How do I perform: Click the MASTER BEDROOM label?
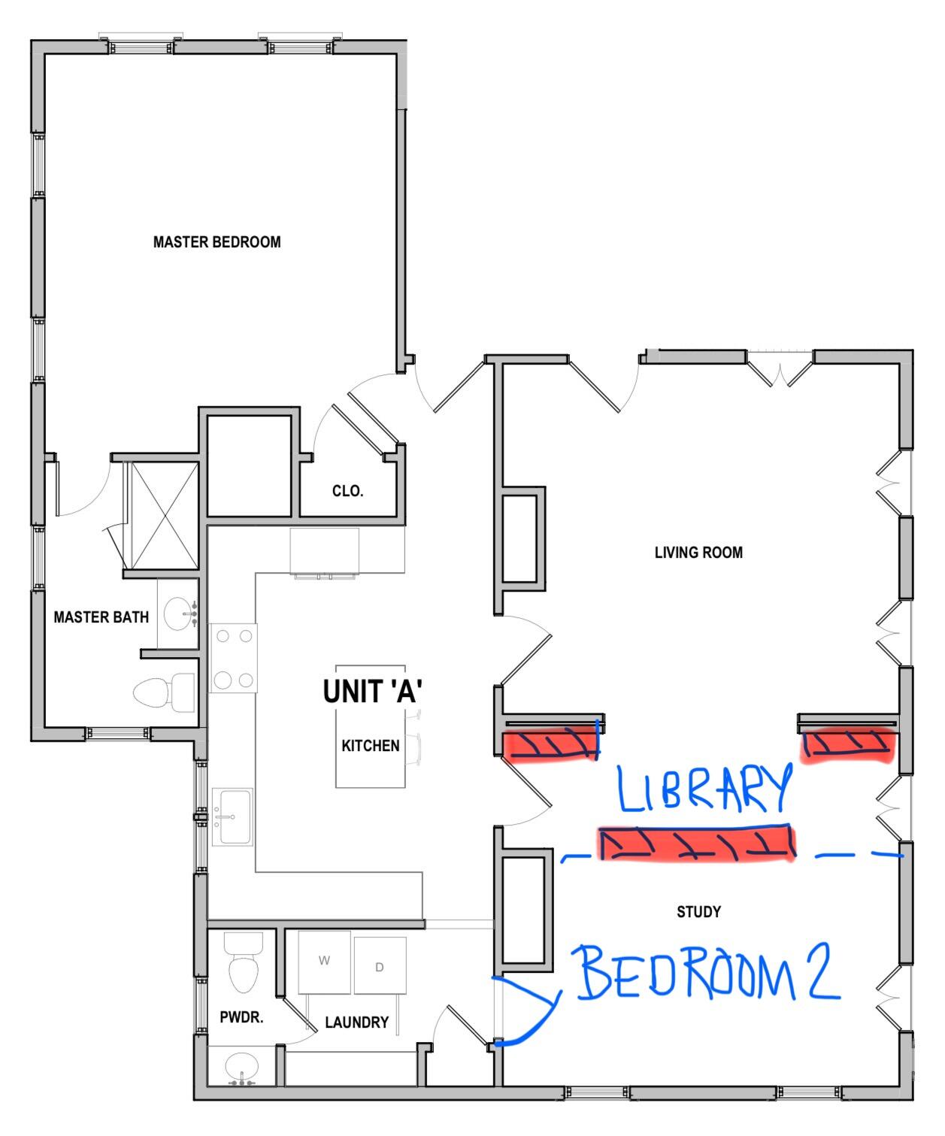pyautogui.click(x=217, y=242)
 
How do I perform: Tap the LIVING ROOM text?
pyautogui.click(x=698, y=553)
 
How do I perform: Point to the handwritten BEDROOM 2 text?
pyautogui.click(x=707, y=975)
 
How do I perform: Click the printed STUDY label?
pyautogui.click(x=698, y=912)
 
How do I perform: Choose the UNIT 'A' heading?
pyautogui.click(x=371, y=692)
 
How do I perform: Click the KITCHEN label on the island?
pyautogui.click(x=371, y=746)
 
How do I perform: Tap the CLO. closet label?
pyautogui.click(x=347, y=492)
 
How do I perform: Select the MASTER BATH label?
pyautogui.click(x=101, y=617)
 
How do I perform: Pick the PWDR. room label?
pyautogui.click(x=241, y=1018)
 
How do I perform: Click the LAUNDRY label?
pyautogui.click(x=356, y=1022)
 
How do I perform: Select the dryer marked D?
pyautogui.click(x=380, y=967)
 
